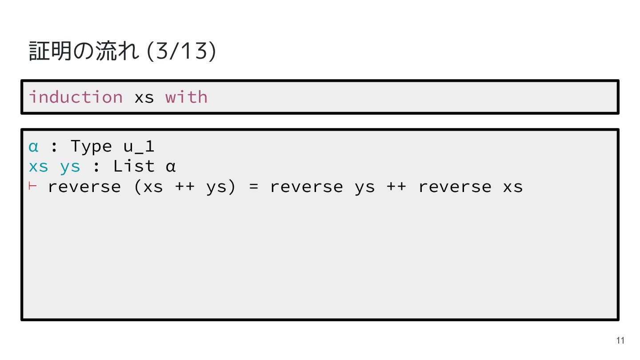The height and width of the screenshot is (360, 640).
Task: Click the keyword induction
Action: (x=76, y=97)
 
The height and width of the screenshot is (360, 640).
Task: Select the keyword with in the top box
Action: (x=186, y=97)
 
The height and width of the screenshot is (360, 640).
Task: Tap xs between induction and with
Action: (x=144, y=97)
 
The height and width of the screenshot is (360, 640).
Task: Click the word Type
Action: (x=91, y=146)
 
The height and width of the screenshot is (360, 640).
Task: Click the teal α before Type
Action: (x=33, y=146)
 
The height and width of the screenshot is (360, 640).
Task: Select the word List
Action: (x=134, y=167)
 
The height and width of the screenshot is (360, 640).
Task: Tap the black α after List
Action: (x=171, y=167)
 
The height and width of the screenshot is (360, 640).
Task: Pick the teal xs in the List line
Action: (x=38, y=167)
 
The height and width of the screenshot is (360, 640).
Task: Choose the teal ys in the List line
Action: (x=70, y=167)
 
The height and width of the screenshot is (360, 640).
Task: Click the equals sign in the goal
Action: (x=253, y=187)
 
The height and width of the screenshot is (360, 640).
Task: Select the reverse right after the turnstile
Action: (x=84, y=187)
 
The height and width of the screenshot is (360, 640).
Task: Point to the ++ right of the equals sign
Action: (x=396, y=187)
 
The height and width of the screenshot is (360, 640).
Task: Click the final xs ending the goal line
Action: (x=513, y=187)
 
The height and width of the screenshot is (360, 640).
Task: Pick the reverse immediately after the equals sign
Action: (x=306, y=187)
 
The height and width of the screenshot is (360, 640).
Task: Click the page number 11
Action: (x=620, y=341)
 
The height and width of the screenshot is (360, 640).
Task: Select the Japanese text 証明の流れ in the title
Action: (x=84, y=51)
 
